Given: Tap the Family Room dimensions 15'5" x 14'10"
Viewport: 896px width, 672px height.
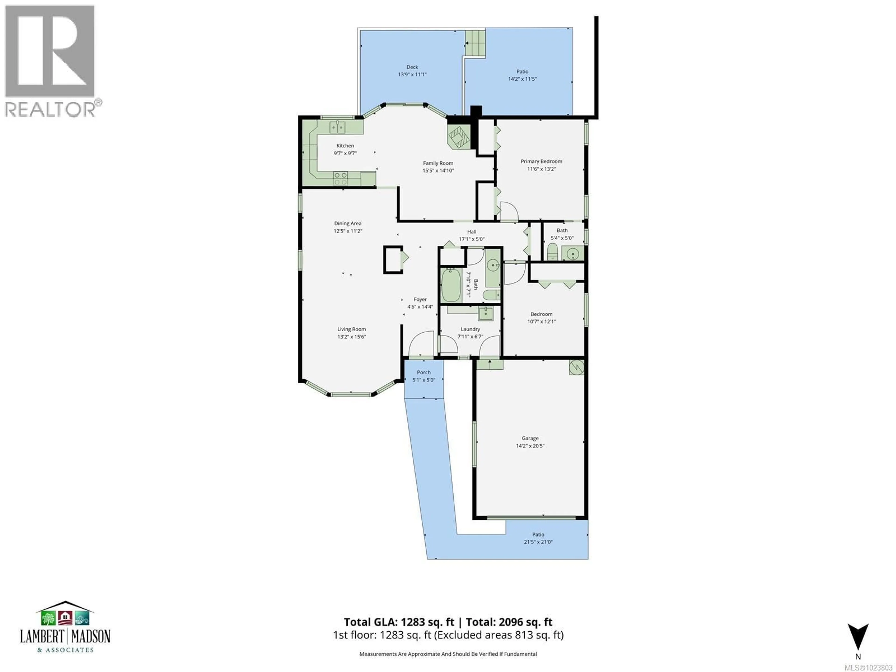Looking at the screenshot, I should (438, 171).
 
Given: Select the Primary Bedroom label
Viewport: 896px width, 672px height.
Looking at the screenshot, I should (541, 161).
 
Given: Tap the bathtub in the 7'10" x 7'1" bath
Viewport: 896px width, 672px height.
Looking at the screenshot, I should (450, 286).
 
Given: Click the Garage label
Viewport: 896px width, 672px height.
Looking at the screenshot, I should (530, 438).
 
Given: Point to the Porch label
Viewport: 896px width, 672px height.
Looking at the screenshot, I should (424, 372).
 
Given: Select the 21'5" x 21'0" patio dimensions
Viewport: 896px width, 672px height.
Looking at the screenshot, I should (538, 542).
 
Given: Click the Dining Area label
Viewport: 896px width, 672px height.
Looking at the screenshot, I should (347, 223).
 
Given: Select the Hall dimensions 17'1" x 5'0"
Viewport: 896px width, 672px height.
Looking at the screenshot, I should (472, 239).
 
